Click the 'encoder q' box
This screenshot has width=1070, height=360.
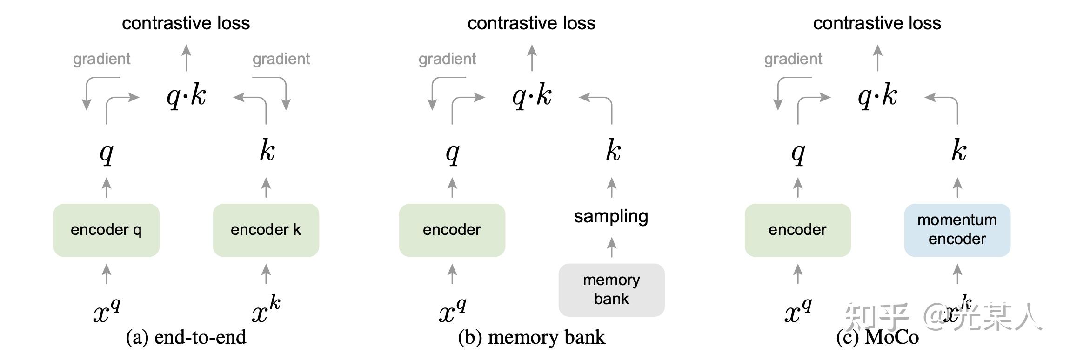point(106,230)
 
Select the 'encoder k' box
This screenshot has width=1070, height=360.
point(266,230)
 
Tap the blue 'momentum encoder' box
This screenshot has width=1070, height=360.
point(957,230)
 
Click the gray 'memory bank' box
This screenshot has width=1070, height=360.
point(611,290)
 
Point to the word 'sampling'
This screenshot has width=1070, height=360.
point(611,216)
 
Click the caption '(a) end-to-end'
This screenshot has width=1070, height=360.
point(186,337)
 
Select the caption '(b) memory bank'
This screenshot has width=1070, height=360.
point(531,337)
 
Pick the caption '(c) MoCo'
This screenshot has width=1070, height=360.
point(877,337)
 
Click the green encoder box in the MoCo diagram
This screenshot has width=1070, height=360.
point(797,230)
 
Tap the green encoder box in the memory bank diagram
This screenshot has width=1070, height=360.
point(452,230)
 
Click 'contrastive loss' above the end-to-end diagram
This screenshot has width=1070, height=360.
point(186,23)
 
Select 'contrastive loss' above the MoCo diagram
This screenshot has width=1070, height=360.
point(877,23)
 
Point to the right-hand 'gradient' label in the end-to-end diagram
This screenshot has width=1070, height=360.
point(281,59)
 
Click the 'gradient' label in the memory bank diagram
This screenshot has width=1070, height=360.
point(447,59)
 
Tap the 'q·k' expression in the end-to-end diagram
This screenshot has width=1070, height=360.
point(186,96)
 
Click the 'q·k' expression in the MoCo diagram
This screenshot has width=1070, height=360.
point(877,96)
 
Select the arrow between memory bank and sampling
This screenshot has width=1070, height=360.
point(612,247)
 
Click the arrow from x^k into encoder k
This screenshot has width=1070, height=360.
point(266,274)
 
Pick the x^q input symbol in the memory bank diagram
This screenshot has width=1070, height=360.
point(452,311)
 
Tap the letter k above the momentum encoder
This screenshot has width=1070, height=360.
point(958,151)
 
